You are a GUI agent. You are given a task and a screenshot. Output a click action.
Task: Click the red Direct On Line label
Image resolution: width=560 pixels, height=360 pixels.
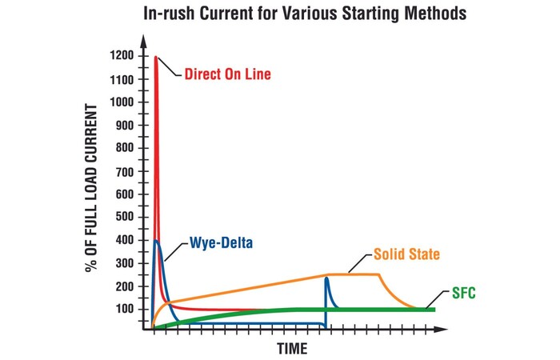[227, 74]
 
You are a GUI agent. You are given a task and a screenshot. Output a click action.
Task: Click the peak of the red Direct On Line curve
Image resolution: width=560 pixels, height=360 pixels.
[155, 57]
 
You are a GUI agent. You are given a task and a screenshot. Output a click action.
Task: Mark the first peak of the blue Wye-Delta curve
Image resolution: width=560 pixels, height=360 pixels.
[156, 240]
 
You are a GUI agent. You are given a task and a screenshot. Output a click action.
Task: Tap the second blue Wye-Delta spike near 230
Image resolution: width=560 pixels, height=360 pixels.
[326, 278]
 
